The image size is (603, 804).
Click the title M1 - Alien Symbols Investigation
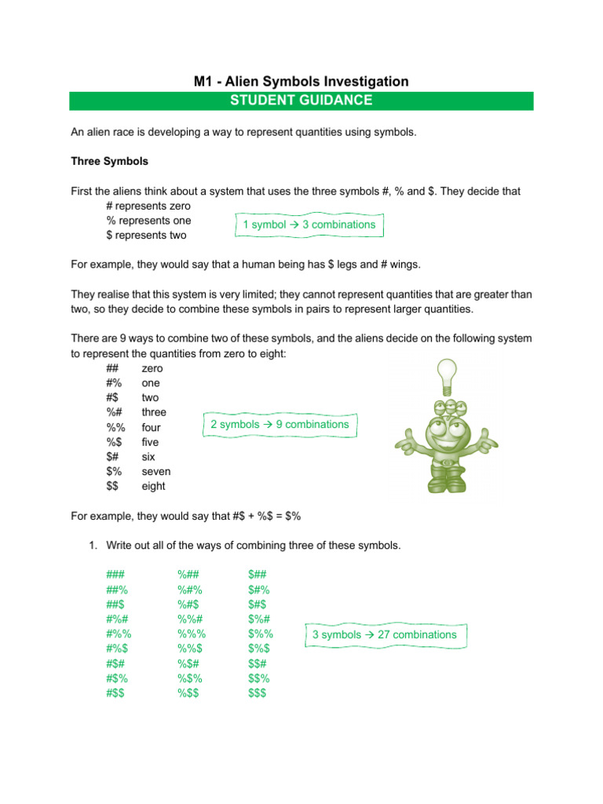301,81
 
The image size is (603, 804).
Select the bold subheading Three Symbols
109,161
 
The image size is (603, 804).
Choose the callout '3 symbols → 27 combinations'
385,634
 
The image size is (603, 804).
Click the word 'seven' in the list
155,471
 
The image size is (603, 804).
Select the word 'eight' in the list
153,486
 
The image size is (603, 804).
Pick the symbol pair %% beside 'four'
116,427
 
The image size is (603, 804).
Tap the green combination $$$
258,693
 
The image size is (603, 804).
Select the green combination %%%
190,634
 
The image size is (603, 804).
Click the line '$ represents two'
146,235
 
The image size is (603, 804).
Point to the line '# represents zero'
148,206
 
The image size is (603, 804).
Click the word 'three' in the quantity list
154,412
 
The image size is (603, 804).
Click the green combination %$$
188,693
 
